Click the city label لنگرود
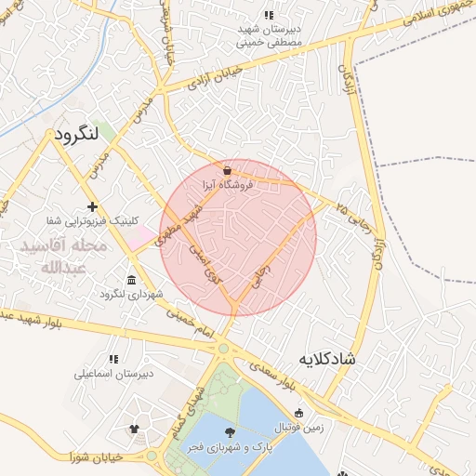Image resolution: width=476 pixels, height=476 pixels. pyautogui.click(x=83, y=134)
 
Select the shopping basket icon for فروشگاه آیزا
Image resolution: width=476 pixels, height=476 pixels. pyautogui.click(x=228, y=170)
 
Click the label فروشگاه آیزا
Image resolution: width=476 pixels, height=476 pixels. pyautogui.click(x=228, y=185)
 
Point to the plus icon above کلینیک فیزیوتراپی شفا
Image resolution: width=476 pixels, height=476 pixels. pyautogui.click(x=91, y=206)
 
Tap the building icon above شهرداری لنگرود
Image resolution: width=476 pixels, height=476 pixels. pyautogui.click(x=130, y=280)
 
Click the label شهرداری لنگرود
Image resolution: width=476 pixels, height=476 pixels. pyautogui.click(x=131, y=295)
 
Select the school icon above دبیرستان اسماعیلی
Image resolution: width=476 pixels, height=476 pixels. pyautogui.click(x=113, y=359)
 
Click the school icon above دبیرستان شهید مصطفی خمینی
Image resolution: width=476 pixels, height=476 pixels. pyautogui.click(x=269, y=15)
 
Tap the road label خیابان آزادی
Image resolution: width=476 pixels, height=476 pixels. pyautogui.click(x=215, y=75)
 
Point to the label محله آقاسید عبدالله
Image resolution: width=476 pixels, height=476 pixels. pyautogui.click(x=63, y=256)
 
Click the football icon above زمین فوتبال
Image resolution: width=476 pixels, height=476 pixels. pyautogui.click(x=298, y=413)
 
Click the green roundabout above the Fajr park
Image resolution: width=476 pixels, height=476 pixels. pyautogui.click(x=223, y=350)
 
